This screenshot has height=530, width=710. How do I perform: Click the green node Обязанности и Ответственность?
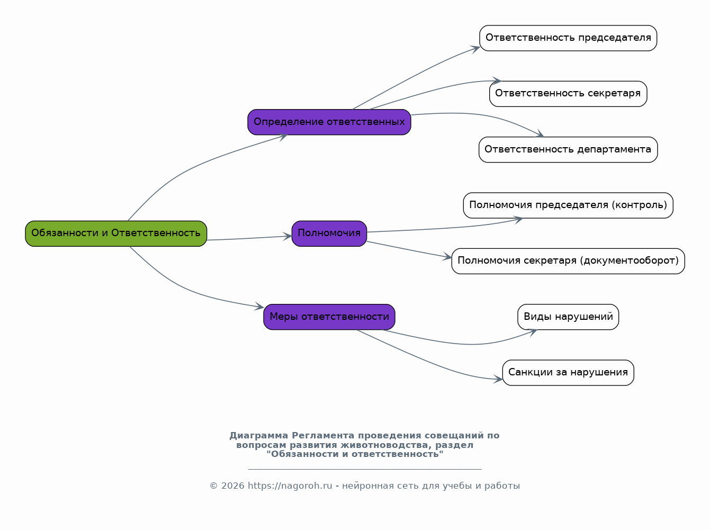116,233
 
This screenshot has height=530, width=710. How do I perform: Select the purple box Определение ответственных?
329,122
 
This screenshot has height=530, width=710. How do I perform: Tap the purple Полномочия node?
329,233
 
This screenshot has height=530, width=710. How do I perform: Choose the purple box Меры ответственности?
329,317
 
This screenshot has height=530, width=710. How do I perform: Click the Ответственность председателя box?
568,38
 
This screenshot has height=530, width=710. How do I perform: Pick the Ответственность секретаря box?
568,94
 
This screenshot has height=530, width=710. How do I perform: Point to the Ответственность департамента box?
568,150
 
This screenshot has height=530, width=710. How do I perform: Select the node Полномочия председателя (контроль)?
568,205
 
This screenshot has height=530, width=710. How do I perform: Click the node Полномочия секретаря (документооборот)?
568,261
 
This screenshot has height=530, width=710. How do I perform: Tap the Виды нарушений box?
568,317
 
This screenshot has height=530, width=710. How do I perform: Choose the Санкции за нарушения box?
568,373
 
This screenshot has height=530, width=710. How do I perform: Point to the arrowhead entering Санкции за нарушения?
498,379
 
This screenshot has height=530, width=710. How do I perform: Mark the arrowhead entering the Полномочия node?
287,236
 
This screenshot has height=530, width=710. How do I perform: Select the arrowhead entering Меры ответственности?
259,306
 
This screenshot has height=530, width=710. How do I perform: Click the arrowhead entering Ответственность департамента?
540,134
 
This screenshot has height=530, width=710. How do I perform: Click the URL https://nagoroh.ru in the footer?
290,486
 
